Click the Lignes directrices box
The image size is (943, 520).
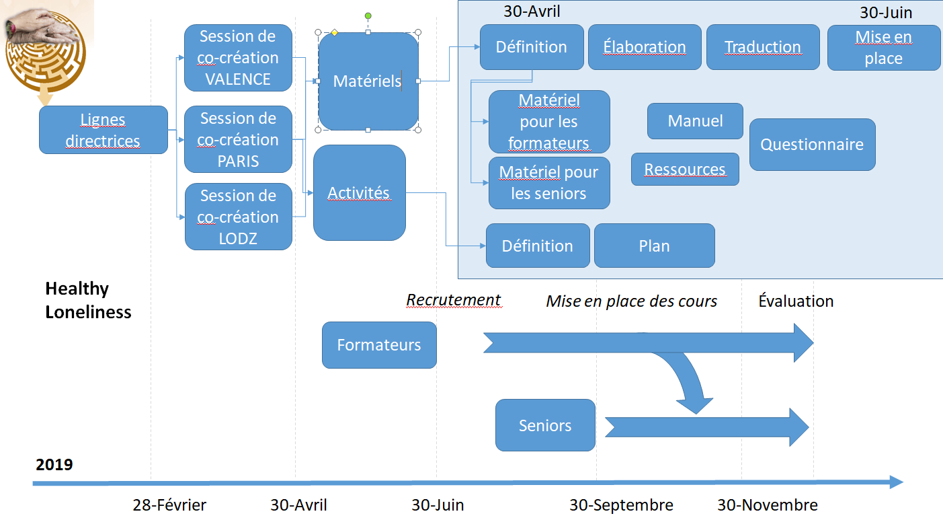pos(103,130)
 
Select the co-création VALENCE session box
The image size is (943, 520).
pos(238,58)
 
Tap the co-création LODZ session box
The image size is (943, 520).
pos(238,217)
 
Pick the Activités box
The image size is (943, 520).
pos(359,193)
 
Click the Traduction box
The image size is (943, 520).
pos(763,47)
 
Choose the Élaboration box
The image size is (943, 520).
pos(645,47)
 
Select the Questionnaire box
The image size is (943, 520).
pos(812,145)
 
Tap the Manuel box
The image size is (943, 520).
pos(695,121)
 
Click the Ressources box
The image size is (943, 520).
pos(685,170)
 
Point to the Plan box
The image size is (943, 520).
pos(654,246)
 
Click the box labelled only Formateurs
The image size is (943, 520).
pos(379,345)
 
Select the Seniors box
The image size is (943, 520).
pos(545,425)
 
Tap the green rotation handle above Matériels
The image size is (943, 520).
pos(368,15)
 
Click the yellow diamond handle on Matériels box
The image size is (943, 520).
pos(334,32)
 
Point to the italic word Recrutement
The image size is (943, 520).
pos(454,300)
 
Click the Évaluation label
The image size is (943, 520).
pos(796,301)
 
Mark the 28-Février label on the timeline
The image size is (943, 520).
pos(169,505)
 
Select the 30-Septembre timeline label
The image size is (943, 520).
pos(621,505)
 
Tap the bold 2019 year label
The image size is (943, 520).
pos(54,464)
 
